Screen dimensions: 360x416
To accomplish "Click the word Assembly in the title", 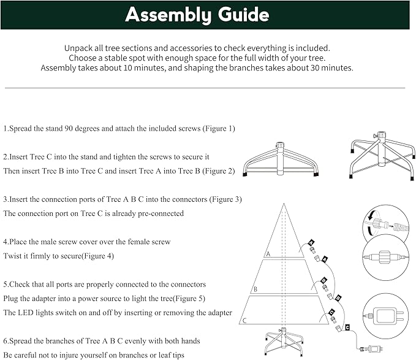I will coord(166,15).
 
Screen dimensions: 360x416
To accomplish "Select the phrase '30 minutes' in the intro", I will coord(328,68).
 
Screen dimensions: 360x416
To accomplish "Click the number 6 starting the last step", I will coord(6,340).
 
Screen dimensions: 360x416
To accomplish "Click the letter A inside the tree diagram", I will coord(267,253).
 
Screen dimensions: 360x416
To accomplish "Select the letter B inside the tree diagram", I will coord(255,288).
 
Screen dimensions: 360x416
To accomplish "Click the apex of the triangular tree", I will coord(283,204).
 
